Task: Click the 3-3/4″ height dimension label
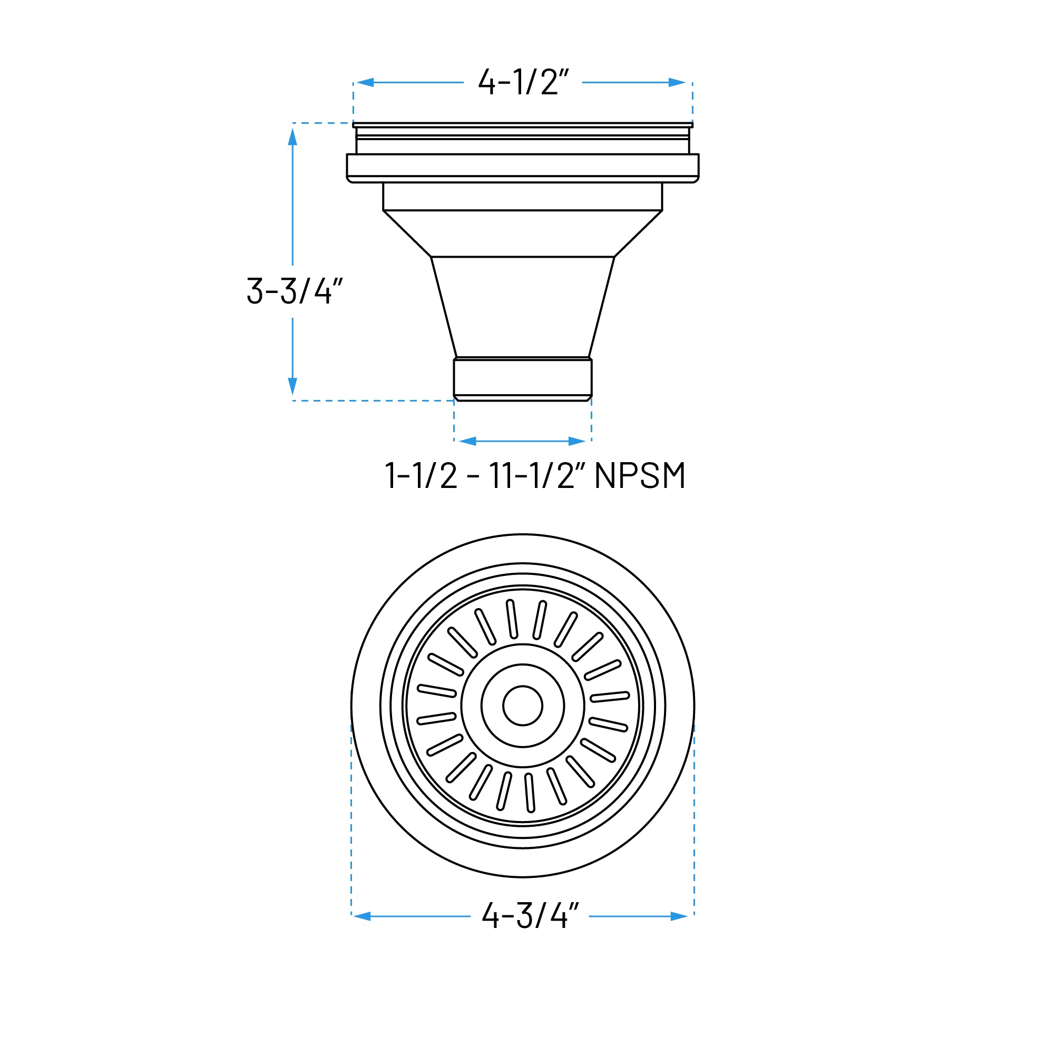point(295,291)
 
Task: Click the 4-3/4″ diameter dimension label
point(530,916)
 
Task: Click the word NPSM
point(639,476)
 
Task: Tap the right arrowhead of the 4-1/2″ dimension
point(677,83)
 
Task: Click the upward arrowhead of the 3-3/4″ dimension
point(293,137)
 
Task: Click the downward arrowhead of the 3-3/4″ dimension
point(293,386)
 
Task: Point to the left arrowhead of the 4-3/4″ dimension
point(361,916)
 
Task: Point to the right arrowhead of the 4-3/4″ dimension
point(679,916)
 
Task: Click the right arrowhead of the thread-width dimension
point(577,441)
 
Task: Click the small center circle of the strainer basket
point(522,706)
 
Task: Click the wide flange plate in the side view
point(522,165)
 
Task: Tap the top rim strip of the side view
point(522,125)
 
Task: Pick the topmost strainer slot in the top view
point(512,619)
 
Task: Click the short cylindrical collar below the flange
point(522,196)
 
